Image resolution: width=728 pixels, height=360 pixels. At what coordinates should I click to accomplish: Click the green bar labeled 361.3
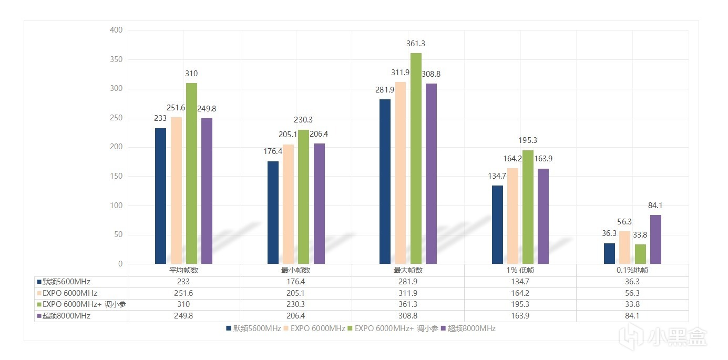click(416, 158)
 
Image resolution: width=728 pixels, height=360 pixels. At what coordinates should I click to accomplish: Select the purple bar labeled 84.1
click(655, 239)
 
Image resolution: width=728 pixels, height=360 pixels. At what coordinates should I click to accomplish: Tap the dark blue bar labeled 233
click(160, 196)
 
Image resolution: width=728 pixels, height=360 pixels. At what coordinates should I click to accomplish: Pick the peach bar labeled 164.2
click(512, 215)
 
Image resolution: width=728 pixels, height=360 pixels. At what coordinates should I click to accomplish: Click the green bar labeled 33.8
click(640, 254)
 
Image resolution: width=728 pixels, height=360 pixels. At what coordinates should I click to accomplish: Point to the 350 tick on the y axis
click(116, 59)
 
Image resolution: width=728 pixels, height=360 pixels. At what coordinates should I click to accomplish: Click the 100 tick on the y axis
click(116, 205)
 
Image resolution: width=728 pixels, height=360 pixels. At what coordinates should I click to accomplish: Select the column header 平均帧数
click(183, 270)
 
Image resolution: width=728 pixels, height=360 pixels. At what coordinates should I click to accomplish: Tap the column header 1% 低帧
click(520, 270)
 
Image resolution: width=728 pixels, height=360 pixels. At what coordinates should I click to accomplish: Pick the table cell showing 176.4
click(296, 282)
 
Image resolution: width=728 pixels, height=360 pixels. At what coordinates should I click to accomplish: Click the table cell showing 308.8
click(408, 316)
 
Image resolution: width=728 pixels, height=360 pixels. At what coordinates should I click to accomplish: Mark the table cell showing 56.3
click(632, 293)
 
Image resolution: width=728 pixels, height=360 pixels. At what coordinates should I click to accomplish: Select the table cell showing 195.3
click(520, 304)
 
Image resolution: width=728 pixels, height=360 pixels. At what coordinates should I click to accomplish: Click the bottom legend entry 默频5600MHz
click(254, 328)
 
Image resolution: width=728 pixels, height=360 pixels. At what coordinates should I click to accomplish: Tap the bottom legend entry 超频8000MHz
click(468, 328)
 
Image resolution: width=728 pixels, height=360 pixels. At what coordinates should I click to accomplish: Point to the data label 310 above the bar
click(191, 74)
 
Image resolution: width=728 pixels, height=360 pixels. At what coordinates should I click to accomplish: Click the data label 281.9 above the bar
click(385, 90)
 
